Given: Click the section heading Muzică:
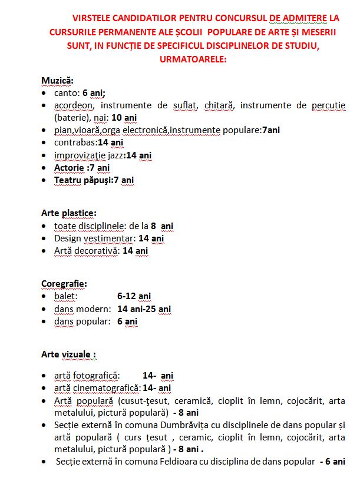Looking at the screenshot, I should tap(57, 80).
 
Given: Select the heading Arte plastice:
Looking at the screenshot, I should tap(69, 213).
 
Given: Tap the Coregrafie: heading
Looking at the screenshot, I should tap(64, 284).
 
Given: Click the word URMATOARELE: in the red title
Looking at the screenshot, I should tap(193, 59).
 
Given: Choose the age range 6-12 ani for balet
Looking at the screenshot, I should tap(134, 296).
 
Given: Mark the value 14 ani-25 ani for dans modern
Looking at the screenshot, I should tap(144, 309).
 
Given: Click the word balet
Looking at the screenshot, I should tap(65, 296).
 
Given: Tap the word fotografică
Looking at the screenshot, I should tap(97, 376).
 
